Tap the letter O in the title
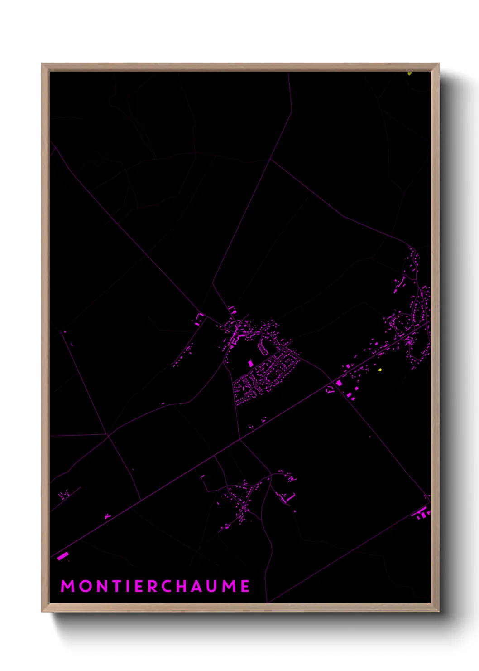86,586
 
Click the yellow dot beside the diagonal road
380,370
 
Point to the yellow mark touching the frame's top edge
409,73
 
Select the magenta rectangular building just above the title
62,555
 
